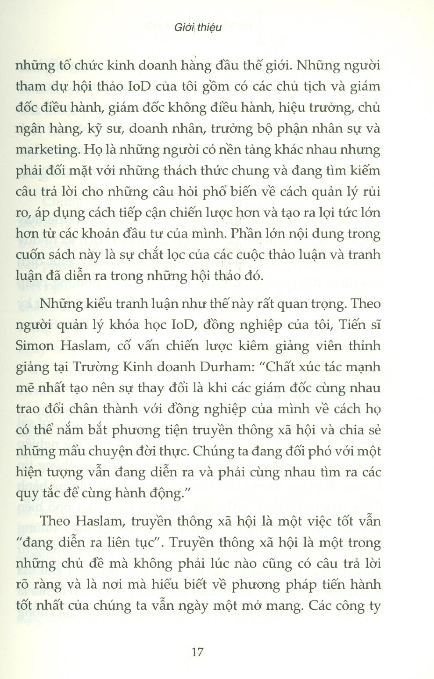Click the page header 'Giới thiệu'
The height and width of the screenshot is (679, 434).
[197, 27]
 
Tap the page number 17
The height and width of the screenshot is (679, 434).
[198, 652]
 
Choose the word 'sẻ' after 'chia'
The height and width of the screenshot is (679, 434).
[373, 430]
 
